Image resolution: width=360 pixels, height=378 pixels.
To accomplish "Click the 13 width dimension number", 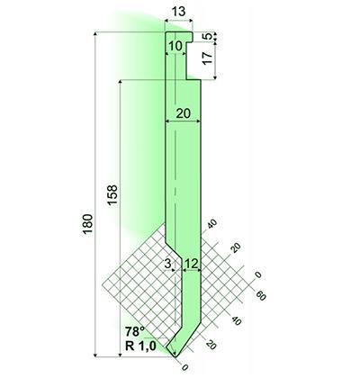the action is pyautogui.click(x=179, y=12).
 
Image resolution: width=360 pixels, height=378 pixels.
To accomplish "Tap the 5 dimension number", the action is pyautogui.click(x=207, y=37).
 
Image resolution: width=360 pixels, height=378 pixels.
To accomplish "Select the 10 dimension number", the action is pyautogui.click(x=175, y=47).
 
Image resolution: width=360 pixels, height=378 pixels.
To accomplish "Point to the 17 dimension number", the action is pyautogui.click(x=207, y=58).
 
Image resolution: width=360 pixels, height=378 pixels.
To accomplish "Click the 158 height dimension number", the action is pyautogui.click(x=112, y=195).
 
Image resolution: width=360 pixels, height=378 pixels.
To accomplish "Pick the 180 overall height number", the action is pyautogui.click(x=88, y=224).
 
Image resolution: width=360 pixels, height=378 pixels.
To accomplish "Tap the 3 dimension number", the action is pyautogui.click(x=168, y=264).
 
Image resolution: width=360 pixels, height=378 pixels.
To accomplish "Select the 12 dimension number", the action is pyautogui.click(x=192, y=264).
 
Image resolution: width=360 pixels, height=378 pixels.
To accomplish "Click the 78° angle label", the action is pyautogui.click(x=135, y=332).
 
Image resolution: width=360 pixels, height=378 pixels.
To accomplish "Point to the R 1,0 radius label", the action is pyautogui.click(x=140, y=346).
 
